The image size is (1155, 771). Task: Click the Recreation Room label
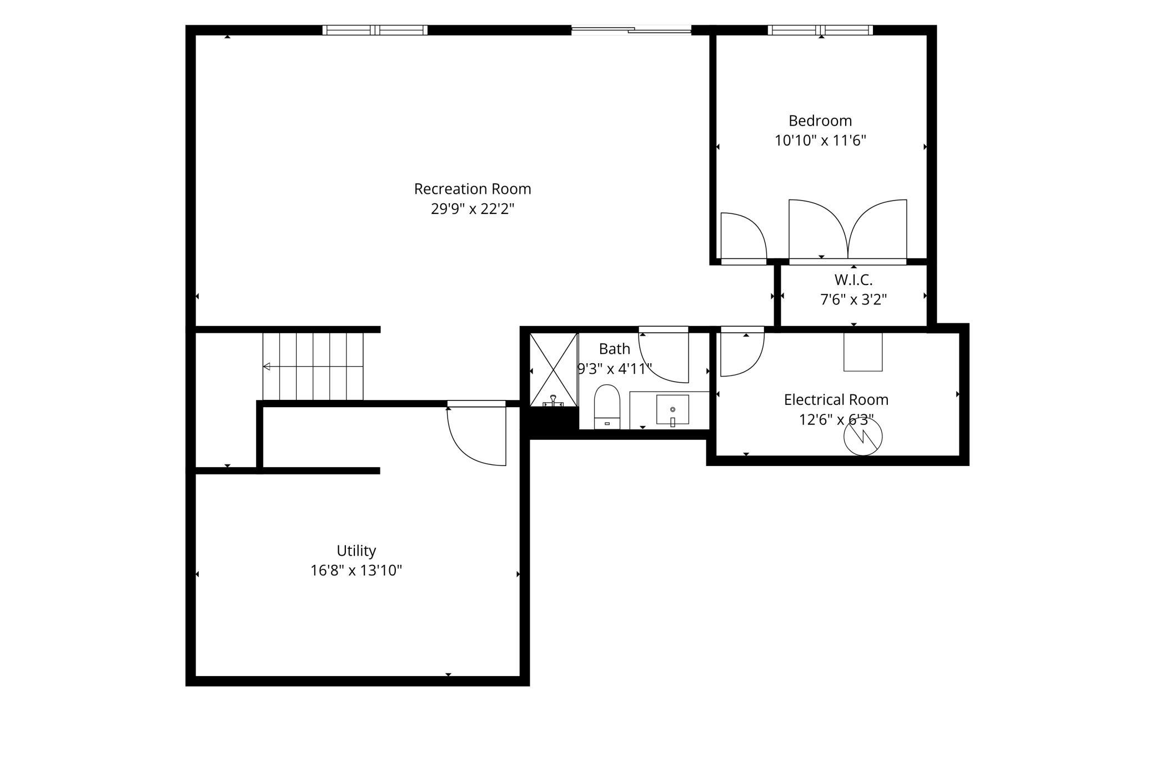473,189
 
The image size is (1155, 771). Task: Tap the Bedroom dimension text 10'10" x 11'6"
820,141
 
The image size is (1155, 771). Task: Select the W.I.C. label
853,280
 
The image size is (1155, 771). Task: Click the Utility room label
356,550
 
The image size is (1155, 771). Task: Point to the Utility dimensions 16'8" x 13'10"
356,570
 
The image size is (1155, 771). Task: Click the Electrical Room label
836,399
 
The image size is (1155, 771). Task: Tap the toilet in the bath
607,407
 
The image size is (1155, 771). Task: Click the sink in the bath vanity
672,410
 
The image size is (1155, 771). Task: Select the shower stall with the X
554,370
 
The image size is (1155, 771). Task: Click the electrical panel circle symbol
863,437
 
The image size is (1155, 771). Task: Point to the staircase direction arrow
313,367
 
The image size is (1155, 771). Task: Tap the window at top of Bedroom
820,30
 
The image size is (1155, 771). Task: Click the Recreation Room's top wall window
375,30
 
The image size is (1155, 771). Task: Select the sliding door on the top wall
631,30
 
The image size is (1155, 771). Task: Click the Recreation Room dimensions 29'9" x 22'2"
473,209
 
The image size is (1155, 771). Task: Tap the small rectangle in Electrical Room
863,352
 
